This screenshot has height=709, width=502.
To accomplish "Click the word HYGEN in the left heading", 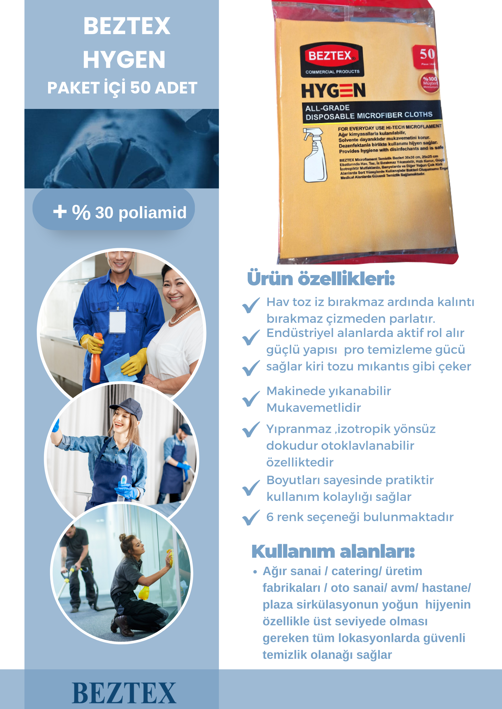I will point(124,60).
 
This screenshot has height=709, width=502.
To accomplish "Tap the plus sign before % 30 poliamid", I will point(60,212).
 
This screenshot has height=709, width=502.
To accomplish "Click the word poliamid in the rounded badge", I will point(152,213).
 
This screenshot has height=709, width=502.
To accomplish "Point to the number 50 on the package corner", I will point(427,54).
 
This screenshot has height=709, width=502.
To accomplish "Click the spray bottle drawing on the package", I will point(315,155).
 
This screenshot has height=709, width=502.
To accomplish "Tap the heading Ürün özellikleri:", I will point(321,279).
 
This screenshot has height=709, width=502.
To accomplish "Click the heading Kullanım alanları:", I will point(333,551).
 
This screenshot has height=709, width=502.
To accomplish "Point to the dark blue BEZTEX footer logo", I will point(124,693).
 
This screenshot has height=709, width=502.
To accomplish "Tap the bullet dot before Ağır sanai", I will point(255,572).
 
